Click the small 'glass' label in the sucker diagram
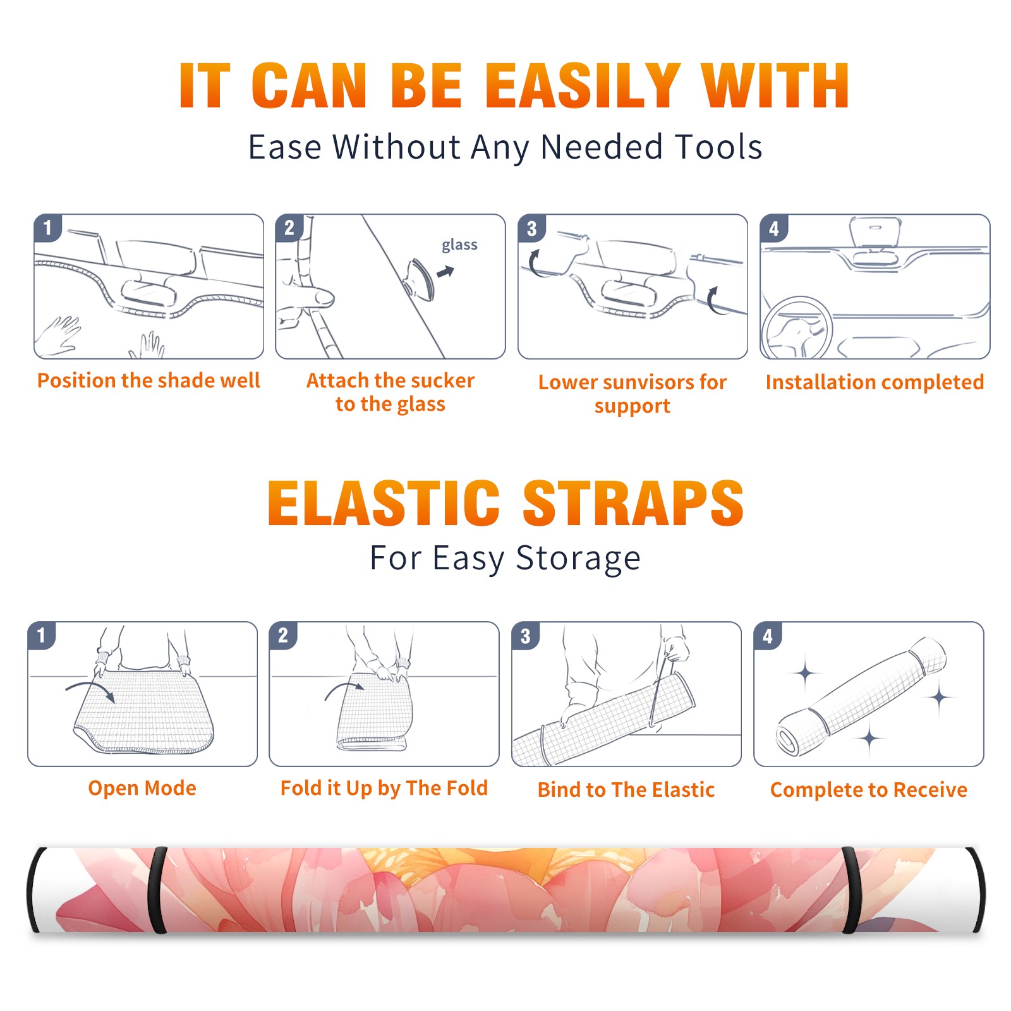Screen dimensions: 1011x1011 [x=459, y=245]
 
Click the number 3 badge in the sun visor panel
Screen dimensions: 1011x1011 [x=531, y=228]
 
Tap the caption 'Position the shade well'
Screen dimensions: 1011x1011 [x=148, y=380]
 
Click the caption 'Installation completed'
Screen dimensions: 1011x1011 [x=875, y=382]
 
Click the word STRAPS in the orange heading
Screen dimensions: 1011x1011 [x=633, y=503]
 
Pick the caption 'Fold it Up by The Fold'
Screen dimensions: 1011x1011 [x=384, y=789]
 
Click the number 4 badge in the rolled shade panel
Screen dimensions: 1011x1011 [x=767, y=636]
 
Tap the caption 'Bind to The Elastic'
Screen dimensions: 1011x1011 [x=626, y=790]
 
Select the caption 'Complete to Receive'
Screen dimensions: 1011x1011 [x=869, y=790]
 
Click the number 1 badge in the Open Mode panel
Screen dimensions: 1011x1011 [x=42, y=636]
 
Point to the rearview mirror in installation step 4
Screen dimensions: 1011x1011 [x=875, y=233]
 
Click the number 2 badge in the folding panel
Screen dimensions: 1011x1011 [x=283, y=636]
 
